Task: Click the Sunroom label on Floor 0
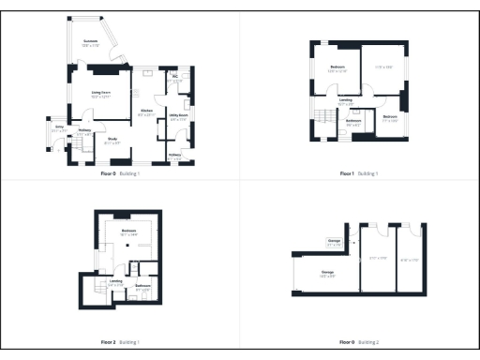(x=91, y=42)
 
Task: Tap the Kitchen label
(x=146, y=112)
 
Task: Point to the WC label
(x=174, y=78)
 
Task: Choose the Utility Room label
(x=178, y=117)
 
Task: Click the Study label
(x=112, y=142)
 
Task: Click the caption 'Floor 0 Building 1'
(x=118, y=173)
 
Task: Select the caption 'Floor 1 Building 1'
(x=358, y=173)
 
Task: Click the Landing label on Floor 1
(x=346, y=101)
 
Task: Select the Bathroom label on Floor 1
(x=353, y=121)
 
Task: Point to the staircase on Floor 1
(x=322, y=115)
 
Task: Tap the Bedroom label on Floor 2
(x=128, y=232)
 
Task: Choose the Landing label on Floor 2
(x=115, y=281)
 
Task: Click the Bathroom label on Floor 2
(x=142, y=287)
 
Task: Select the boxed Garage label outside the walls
(x=334, y=243)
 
